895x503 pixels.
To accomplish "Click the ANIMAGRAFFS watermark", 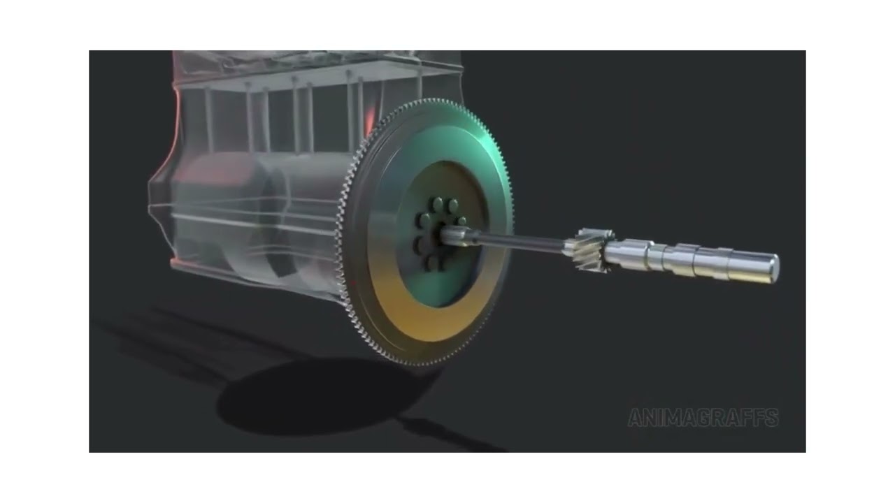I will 703,418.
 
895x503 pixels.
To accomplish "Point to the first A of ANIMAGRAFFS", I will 635,418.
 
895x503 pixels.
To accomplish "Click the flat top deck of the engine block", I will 315,66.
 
